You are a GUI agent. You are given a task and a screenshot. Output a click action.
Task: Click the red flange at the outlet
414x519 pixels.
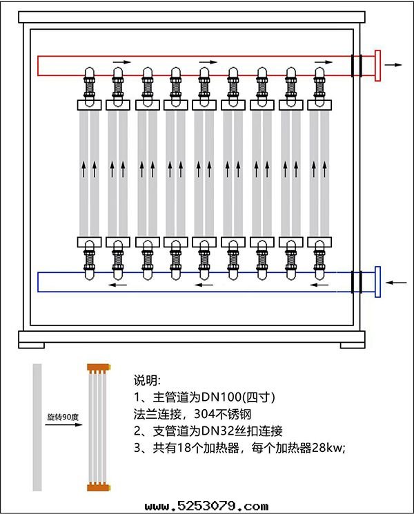[x=377, y=66]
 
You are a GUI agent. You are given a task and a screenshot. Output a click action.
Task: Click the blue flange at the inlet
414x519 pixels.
[x=377, y=282]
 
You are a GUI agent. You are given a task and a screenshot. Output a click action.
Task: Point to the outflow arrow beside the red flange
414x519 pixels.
[x=394, y=64]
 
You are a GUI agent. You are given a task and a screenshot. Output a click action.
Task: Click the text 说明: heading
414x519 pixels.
[x=147, y=381]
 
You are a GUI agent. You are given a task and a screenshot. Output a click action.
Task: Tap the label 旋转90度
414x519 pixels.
[x=61, y=417]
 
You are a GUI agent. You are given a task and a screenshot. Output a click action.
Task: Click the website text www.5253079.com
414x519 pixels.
[x=206, y=507]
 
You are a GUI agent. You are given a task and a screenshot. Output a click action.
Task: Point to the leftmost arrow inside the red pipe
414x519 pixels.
[x=121, y=62]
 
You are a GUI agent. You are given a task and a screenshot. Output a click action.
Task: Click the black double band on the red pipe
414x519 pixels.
[x=356, y=66]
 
